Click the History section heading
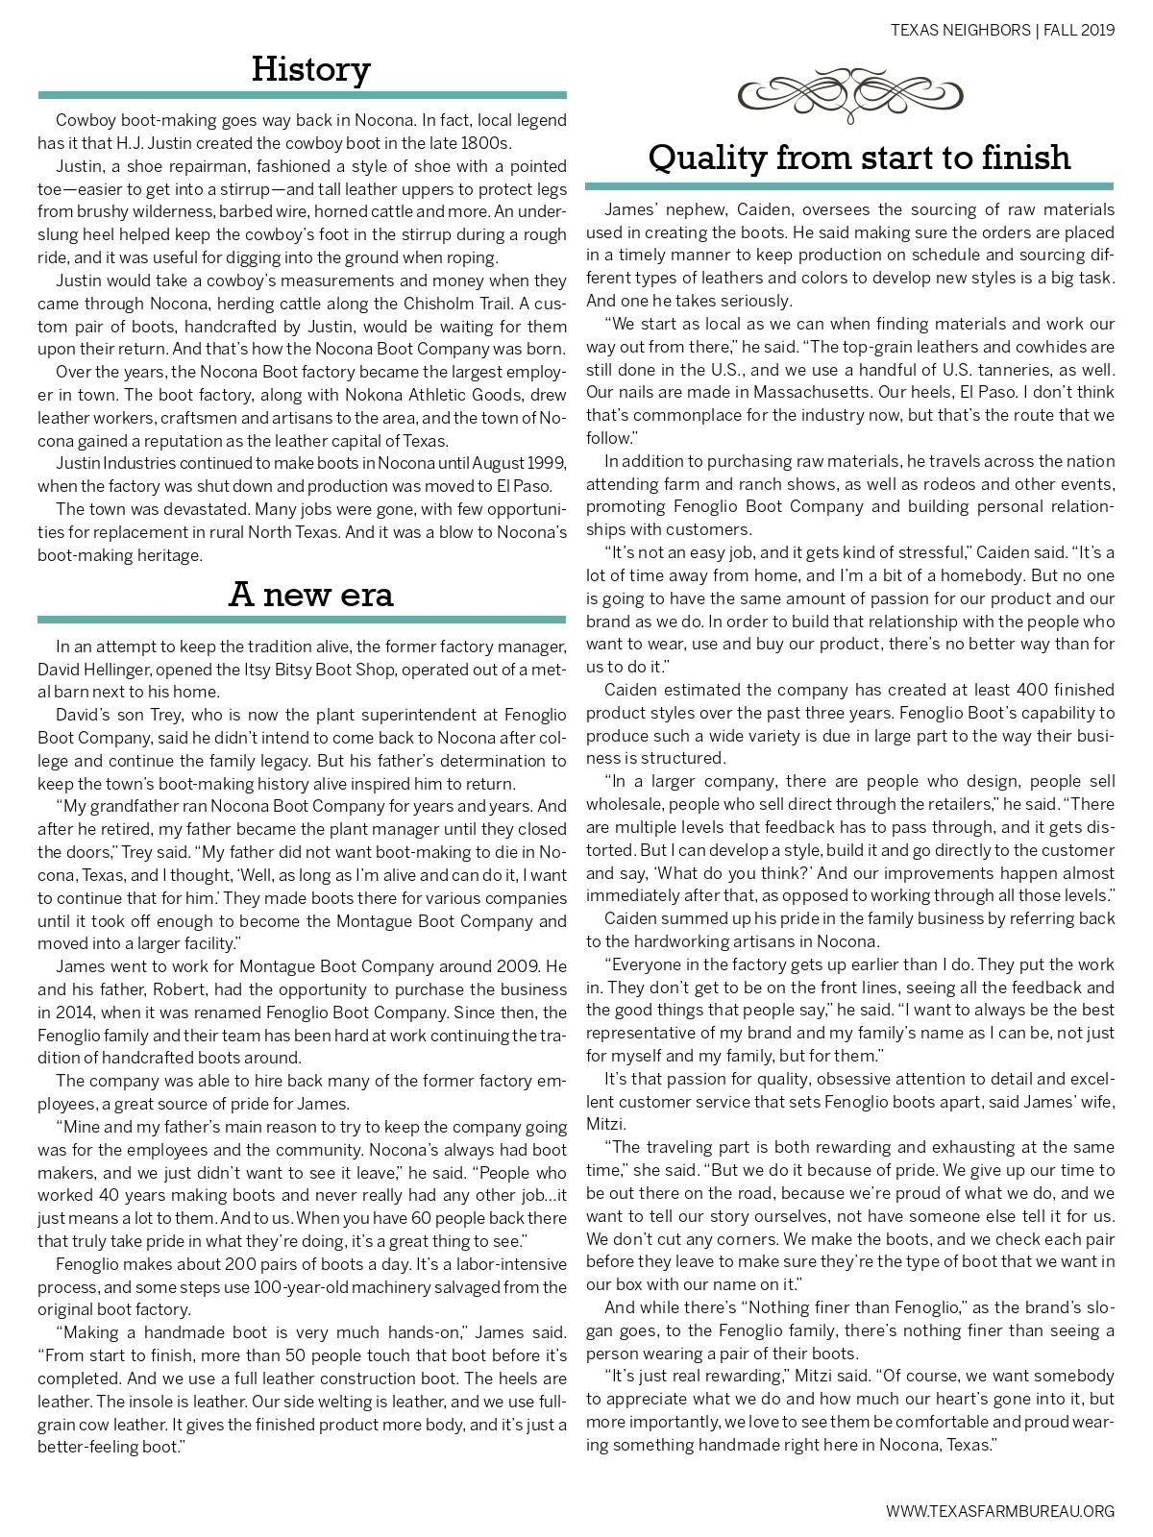[310, 69]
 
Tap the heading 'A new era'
[310, 595]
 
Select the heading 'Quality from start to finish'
[859, 157]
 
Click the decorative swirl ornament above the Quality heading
[849, 94]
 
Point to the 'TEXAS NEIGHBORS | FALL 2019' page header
[1002, 30]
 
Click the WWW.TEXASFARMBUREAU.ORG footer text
[1000, 1511]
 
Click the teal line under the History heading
[302, 95]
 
